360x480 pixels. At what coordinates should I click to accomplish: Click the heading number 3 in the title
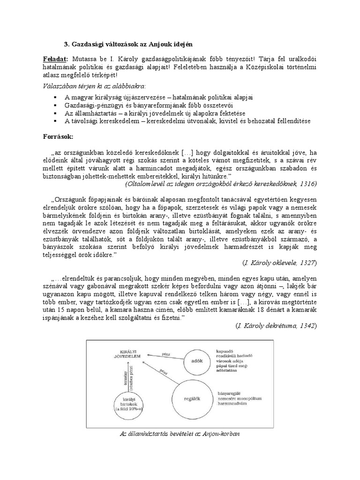[66, 44]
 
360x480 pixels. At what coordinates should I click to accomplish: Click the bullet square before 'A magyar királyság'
[55, 97]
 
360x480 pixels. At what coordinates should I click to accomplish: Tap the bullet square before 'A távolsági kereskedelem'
[55, 121]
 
